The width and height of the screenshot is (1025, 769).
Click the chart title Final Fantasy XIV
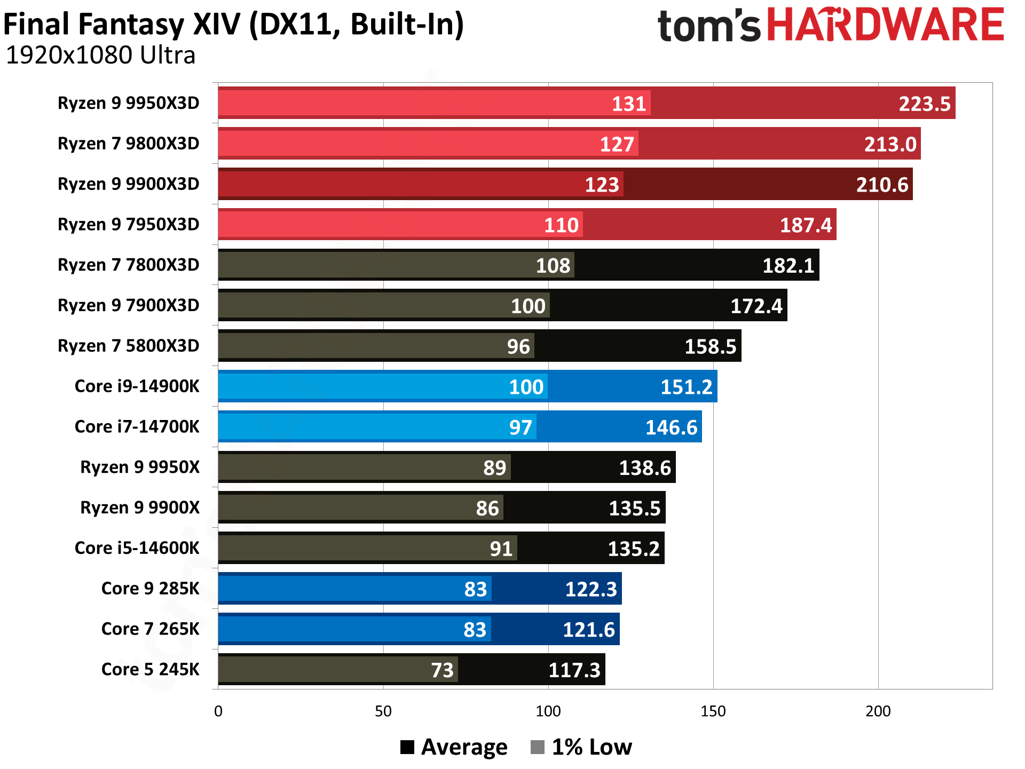point(233,25)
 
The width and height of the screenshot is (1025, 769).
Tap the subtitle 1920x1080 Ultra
point(100,56)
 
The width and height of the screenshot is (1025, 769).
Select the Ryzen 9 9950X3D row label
point(128,103)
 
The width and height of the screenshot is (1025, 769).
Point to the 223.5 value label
point(924,104)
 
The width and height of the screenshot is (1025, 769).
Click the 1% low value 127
point(617,145)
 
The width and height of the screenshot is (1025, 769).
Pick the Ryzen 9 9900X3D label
point(128,184)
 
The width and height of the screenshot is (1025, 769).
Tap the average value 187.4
point(806,225)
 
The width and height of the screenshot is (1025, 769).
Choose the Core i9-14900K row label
point(137,386)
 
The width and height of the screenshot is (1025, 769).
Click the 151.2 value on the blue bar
point(686,387)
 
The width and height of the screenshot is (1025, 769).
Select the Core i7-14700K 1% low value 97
point(521,428)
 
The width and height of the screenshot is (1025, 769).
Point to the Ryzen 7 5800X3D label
point(128,346)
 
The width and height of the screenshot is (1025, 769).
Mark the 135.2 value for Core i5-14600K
point(634,549)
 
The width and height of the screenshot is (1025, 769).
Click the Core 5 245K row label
point(150,670)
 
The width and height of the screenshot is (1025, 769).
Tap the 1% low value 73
point(442,670)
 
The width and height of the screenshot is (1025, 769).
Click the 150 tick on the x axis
point(713,711)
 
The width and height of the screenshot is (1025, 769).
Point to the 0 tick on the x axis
point(218,711)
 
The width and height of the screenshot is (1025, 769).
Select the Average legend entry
point(454,747)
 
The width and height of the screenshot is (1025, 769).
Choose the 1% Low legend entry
point(581,747)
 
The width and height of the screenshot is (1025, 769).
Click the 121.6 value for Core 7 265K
point(589,630)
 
